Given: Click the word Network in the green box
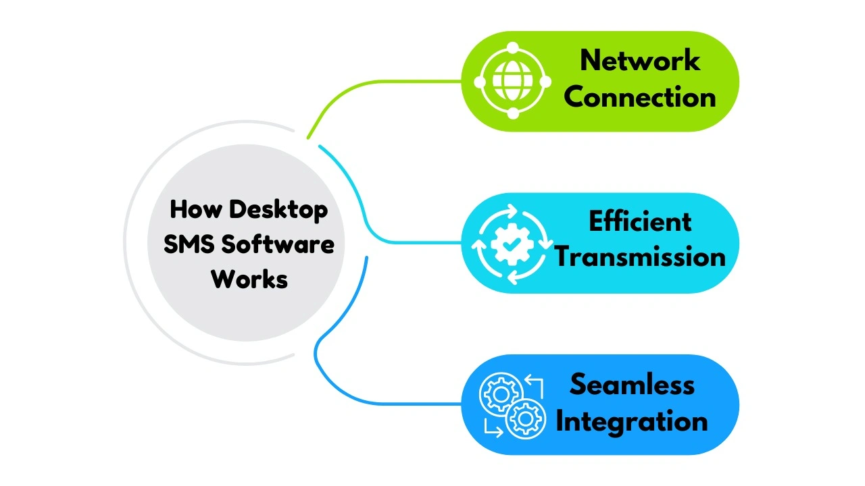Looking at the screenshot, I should pyautogui.click(x=639, y=61).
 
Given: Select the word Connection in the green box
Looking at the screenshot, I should pyautogui.click(x=639, y=97).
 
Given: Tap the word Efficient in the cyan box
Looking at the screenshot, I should pyautogui.click(x=639, y=221).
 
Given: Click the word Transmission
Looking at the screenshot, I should pyautogui.click(x=639, y=257).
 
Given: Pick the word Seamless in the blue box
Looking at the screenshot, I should pyautogui.click(x=631, y=385).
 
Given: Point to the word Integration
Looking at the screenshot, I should pyautogui.click(x=631, y=422).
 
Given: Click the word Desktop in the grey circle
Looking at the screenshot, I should pyautogui.click(x=278, y=209).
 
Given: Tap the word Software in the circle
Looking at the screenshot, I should pyautogui.click(x=278, y=244).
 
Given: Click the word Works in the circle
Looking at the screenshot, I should pyautogui.click(x=249, y=279).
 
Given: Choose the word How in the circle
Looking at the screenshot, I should pyautogui.click(x=195, y=209).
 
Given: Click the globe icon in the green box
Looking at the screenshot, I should pyautogui.click(x=512, y=81).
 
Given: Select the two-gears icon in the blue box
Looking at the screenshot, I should pyautogui.click(x=512, y=406).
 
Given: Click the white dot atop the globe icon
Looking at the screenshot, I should pyautogui.click(x=512, y=49).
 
